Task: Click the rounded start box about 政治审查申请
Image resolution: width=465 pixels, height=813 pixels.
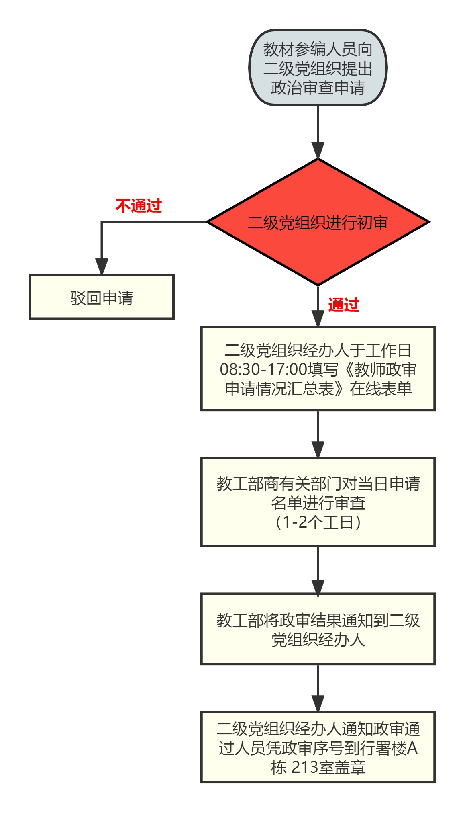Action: tap(318, 68)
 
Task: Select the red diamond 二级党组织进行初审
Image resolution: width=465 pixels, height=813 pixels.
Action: tap(318, 222)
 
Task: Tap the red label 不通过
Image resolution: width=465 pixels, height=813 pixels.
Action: tap(139, 206)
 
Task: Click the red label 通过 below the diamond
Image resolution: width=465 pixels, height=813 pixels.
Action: tap(344, 305)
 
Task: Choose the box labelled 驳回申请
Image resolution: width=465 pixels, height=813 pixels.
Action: tap(102, 297)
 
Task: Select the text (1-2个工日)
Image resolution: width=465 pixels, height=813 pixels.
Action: tap(318, 522)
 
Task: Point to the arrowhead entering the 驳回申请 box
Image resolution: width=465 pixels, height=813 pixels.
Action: tap(102, 267)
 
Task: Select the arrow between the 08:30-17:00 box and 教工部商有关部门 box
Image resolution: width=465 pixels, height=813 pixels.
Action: tap(318, 434)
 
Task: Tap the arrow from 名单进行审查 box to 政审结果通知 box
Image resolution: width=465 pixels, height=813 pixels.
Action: tap(318, 570)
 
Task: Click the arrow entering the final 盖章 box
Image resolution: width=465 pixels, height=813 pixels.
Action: tap(318, 688)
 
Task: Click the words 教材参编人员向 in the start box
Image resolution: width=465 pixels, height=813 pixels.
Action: tap(318, 49)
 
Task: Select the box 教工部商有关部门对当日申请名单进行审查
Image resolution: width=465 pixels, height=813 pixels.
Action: tap(318, 502)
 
